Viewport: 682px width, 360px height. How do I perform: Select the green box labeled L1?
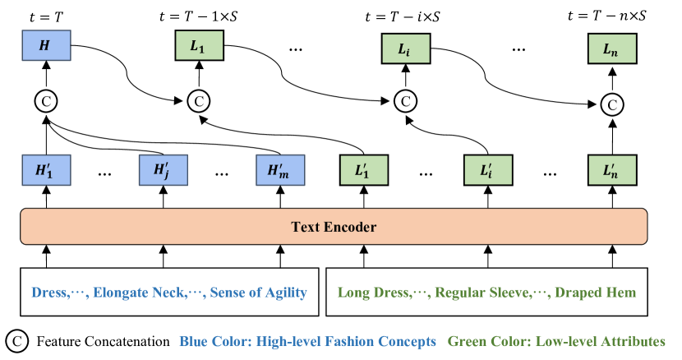click(x=198, y=48)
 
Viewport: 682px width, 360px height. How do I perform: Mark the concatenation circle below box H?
click(x=47, y=101)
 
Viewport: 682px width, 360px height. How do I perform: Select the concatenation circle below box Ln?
click(x=611, y=104)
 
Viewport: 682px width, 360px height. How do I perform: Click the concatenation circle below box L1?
click(x=198, y=102)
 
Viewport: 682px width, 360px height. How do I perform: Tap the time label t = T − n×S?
click(x=609, y=15)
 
